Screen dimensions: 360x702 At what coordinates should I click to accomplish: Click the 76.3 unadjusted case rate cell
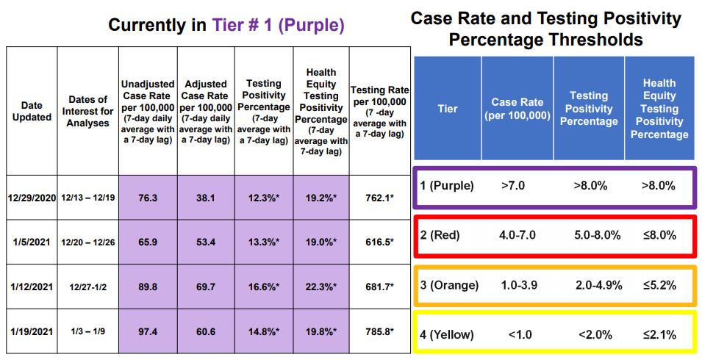pos(147,197)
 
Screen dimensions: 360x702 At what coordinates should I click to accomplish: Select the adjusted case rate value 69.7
pos(206,285)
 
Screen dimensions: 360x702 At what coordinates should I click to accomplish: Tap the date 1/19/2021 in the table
pos(32,331)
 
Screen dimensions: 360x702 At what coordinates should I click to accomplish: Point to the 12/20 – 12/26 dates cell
pos(87,241)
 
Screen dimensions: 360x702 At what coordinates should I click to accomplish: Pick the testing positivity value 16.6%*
pos(263,285)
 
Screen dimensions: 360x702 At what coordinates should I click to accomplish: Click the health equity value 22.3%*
pos(320,285)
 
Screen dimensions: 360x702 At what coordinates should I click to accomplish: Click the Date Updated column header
pos(32,112)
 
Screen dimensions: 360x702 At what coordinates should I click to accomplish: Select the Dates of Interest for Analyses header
pos(87,112)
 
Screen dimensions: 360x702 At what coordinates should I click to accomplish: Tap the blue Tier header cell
pos(447,109)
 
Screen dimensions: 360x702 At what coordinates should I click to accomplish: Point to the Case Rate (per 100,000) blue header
pos(517,109)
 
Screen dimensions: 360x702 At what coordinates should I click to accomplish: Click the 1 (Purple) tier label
pos(447,186)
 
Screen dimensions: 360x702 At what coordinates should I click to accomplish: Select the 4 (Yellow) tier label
pos(446,334)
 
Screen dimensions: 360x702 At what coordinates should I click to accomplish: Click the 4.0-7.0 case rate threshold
pos(517,236)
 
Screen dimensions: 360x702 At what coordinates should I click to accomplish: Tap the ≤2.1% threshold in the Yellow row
pos(659,334)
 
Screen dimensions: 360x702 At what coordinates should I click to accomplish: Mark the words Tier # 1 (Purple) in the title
pos(278,25)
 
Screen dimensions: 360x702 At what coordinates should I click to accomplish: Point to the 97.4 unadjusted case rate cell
pos(147,331)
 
